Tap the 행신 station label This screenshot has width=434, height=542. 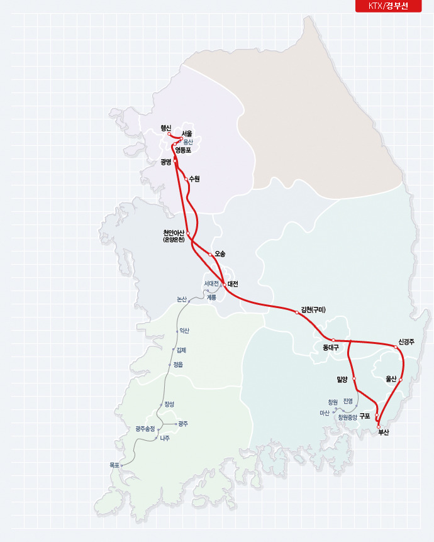tap(165, 128)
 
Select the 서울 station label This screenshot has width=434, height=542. tap(187, 133)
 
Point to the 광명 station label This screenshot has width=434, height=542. tap(166, 162)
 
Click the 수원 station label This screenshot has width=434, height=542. tap(194, 179)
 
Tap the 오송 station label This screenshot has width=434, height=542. tap(220, 253)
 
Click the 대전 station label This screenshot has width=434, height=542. tap(233, 284)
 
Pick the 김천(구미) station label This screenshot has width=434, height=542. tap(313, 309)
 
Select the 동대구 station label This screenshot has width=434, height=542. tap(331, 346)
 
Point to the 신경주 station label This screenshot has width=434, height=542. tap(406, 342)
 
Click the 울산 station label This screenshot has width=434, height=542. tap(391, 379)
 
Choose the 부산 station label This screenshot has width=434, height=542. tap(384, 433)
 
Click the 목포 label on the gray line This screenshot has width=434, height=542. tap(114, 465)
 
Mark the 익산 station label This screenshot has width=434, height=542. tap(184, 330)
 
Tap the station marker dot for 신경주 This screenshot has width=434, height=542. tap(396, 346)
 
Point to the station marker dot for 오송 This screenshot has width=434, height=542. tap(210, 254)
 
